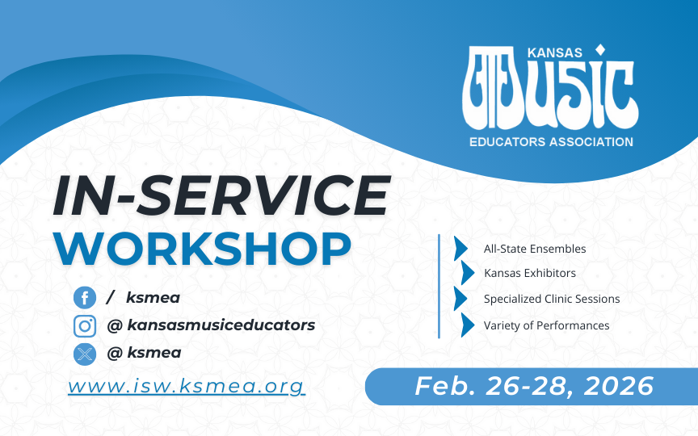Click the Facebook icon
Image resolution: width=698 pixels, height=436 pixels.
85,298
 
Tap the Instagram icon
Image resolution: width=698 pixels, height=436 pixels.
85,326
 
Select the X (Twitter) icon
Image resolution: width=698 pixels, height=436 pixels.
85,354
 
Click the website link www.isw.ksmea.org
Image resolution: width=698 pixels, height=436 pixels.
187,386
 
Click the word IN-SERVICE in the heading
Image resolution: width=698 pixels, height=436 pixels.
221,195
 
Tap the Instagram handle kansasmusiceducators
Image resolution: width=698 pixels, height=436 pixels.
221,325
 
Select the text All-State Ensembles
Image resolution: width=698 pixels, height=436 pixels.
535,249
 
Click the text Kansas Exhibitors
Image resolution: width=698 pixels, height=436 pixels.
530,273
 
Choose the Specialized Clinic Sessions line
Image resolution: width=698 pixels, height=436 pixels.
552,299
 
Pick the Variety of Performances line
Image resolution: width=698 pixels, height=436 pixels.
546,325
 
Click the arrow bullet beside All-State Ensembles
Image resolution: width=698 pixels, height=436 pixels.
460,248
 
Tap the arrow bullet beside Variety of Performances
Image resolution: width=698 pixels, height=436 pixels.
468,325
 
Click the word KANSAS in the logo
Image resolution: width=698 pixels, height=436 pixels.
555,53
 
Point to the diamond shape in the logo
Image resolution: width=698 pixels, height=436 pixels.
600,50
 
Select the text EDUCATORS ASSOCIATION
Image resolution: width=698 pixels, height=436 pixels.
551,142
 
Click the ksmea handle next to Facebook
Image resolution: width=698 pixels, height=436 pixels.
153,298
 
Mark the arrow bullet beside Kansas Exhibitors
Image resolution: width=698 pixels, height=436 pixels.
468,273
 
